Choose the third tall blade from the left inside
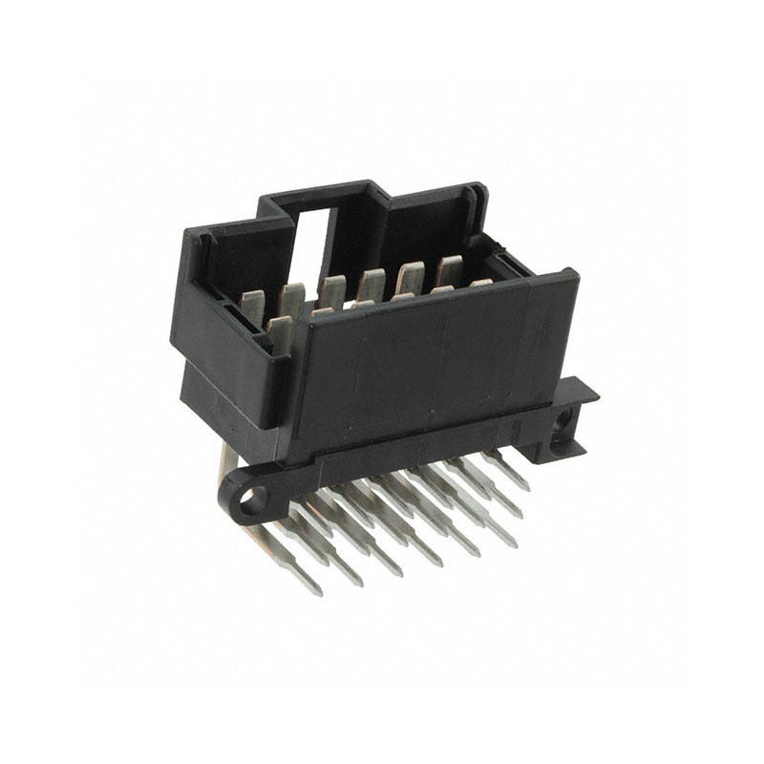click(331, 290)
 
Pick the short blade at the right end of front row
click(479, 283)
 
